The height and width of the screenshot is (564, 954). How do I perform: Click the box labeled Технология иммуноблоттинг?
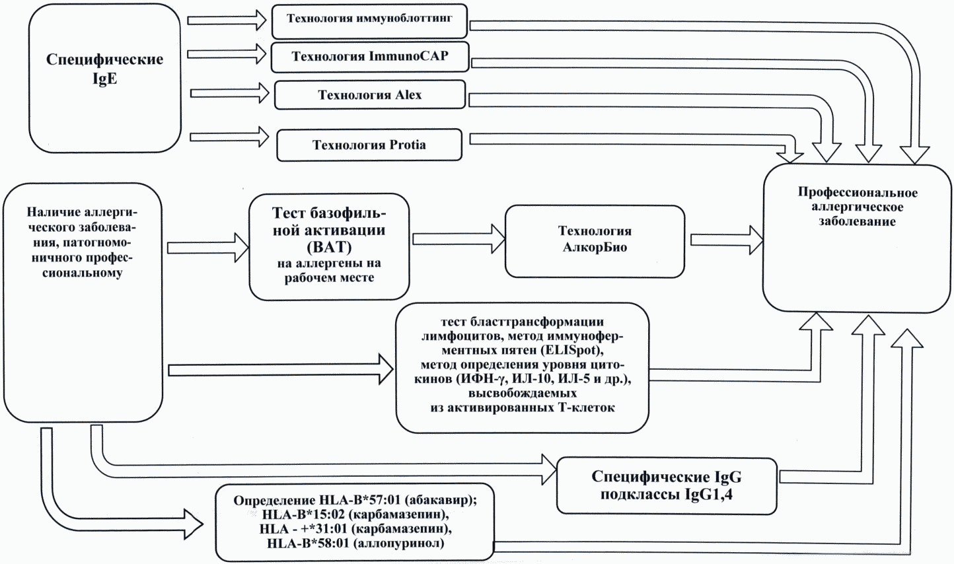[369, 20]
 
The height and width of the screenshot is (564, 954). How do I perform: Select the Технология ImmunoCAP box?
[370, 57]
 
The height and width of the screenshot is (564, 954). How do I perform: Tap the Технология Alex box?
[370, 95]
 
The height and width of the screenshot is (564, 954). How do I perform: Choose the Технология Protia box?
[369, 145]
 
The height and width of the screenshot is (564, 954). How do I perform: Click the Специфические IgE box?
[104, 79]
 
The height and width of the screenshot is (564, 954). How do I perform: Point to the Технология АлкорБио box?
[595, 240]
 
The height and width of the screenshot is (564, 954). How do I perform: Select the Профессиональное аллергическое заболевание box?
[857, 238]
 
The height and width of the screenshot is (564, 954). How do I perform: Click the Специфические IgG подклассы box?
[667, 485]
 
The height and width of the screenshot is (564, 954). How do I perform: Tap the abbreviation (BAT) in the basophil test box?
[329, 248]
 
